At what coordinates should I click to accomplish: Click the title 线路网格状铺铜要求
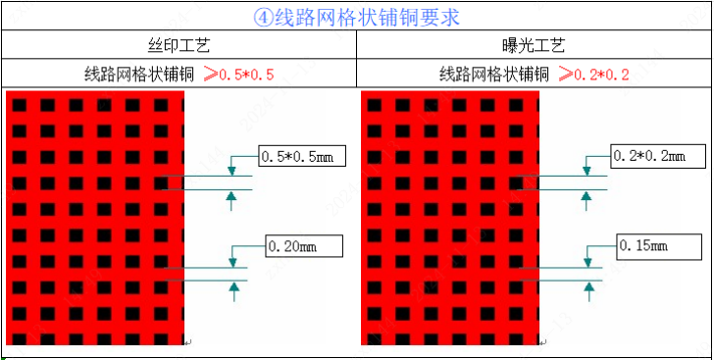(x=368, y=17)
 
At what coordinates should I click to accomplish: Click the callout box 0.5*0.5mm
(x=299, y=156)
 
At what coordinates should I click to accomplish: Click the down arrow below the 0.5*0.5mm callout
(x=231, y=169)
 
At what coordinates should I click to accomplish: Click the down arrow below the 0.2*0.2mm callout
(x=587, y=169)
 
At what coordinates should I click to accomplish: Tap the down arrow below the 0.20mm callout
(x=232, y=259)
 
